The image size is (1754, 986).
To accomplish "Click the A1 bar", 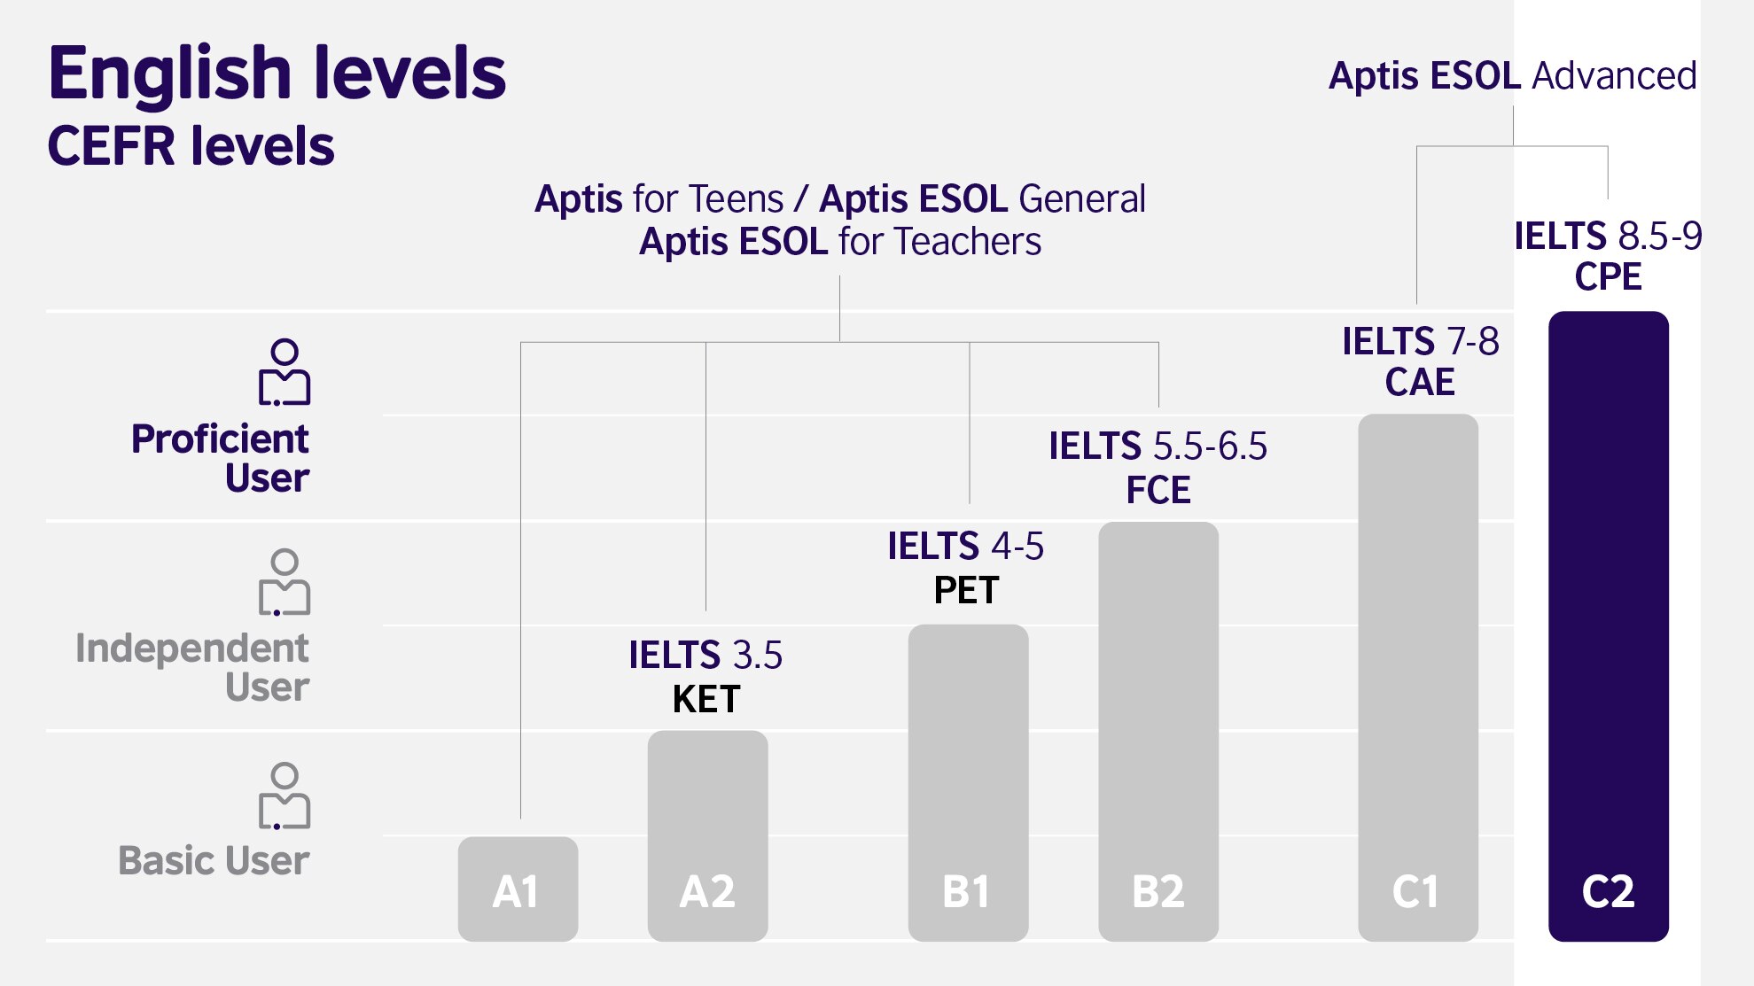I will tap(518, 889).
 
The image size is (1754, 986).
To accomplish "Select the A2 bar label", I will tap(707, 891).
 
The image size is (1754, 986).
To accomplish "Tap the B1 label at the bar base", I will tap(966, 891).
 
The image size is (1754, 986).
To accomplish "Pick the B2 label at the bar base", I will tap(1158, 891).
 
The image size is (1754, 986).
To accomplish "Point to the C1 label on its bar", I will tap(1415, 891).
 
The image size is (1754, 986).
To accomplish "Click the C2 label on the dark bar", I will tap(1608, 891).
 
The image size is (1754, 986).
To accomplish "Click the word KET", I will tap(706, 699).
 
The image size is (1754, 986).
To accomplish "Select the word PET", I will tap(966, 590).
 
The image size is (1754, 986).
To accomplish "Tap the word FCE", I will tap(1158, 490).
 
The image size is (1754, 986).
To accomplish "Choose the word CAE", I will tap(1420, 382).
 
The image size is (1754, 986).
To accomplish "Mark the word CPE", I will tap(1608, 276).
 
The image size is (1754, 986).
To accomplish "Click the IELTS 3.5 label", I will tap(705, 656).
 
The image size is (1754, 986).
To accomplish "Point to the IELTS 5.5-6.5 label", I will tap(1158, 446).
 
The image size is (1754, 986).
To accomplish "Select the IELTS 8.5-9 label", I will tap(1608, 237).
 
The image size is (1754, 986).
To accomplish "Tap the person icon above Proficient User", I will tap(285, 372).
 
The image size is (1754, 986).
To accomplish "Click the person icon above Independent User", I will tap(285, 582).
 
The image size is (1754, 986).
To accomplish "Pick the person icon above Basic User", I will tap(285, 796).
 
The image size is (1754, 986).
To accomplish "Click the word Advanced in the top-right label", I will tap(1614, 76).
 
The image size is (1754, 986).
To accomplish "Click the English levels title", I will tap(277, 73).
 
